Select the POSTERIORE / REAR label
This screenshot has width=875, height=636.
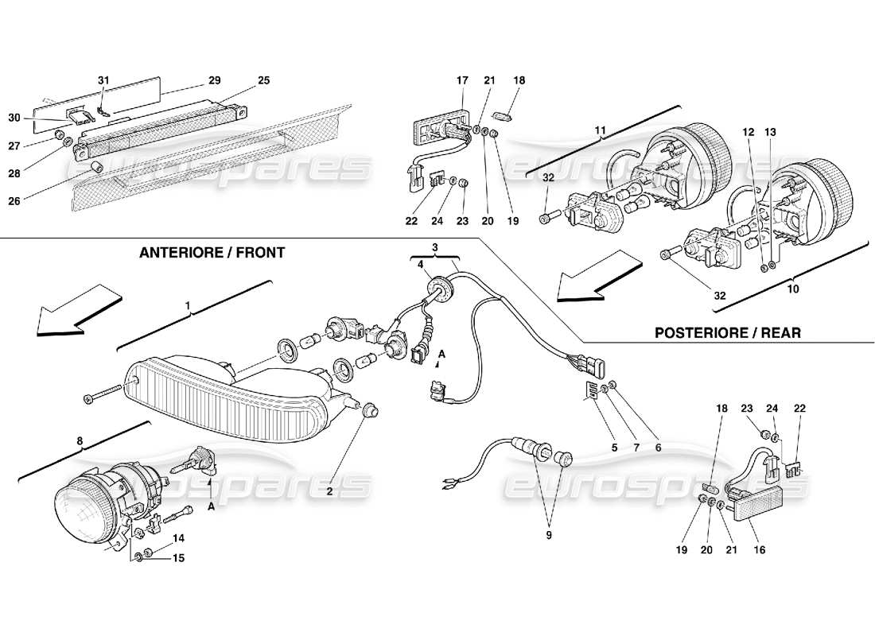coord(727,332)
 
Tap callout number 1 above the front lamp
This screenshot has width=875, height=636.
coord(188,305)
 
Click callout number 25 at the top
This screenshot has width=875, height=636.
coord(264,80)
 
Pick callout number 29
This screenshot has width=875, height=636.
coord(214,80)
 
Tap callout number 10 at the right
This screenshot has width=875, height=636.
coord(792,289)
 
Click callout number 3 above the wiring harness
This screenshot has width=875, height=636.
coord(435,248)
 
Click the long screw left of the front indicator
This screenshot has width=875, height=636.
coord(107,394)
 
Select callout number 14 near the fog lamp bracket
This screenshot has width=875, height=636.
coord(178,537)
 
